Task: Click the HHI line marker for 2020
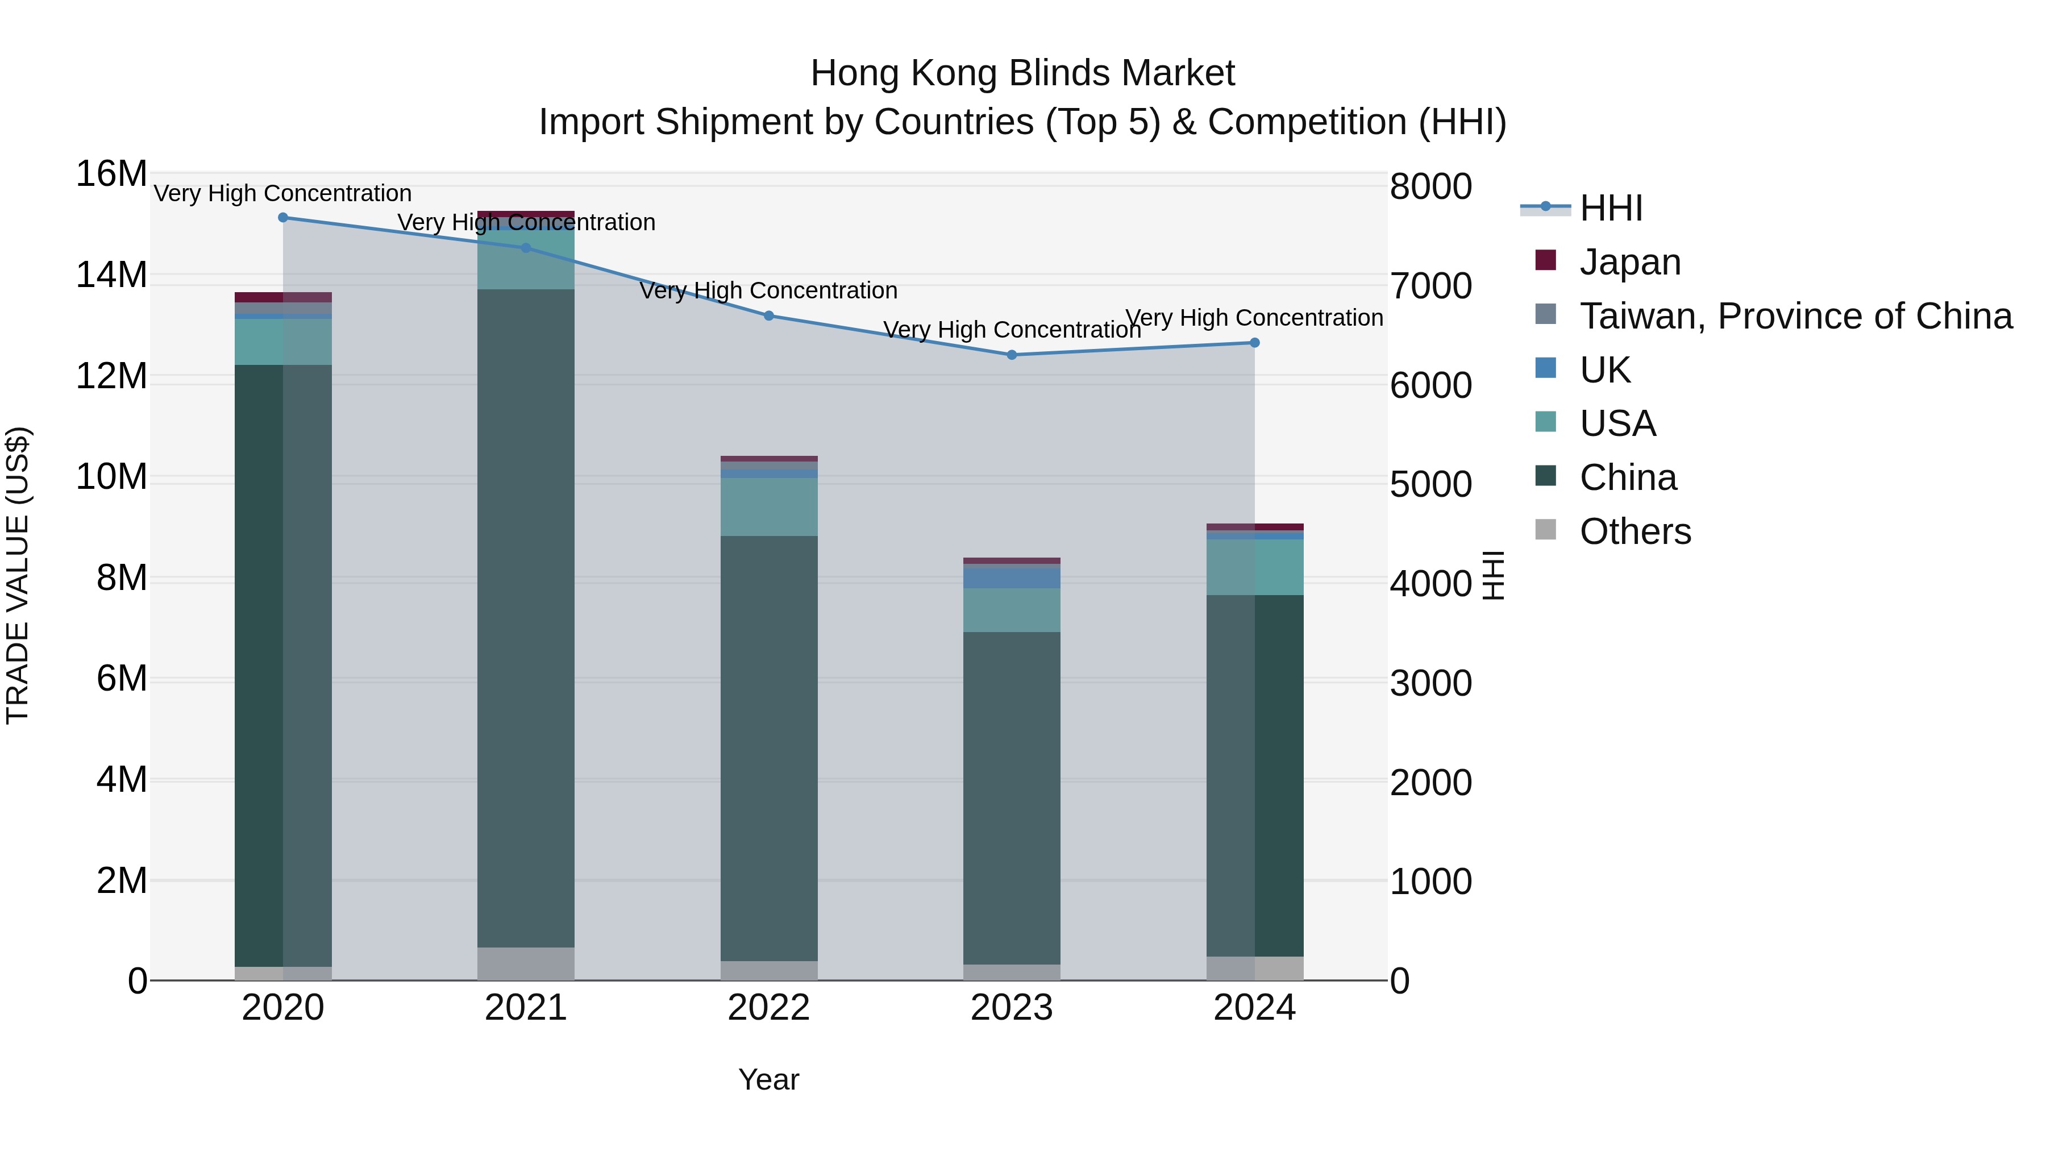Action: click(283, 218)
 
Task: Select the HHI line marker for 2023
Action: click(1011, 355)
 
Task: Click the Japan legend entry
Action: click(1630, 262)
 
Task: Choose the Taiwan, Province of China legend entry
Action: click(1795, 316)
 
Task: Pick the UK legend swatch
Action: click(1546, 368)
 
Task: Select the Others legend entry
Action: click(1635, 531)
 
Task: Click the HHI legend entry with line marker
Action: click(1611, 208)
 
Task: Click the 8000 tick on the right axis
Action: click(1430, 188)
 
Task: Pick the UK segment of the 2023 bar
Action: click(1011, 577)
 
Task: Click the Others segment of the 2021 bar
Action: click(526, 963)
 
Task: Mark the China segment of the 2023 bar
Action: click(1011, 799)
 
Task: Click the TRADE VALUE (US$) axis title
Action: click(18, 575)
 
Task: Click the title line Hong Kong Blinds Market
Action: click(1022, 74)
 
